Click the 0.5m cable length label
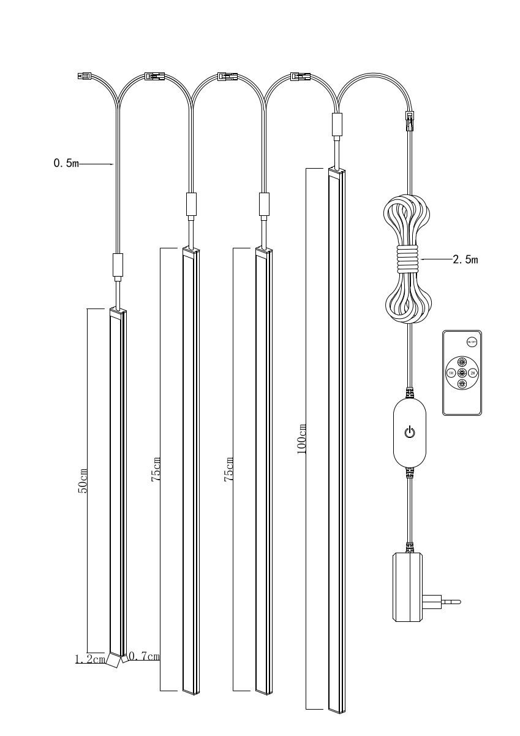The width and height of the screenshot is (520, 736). (x=66, y=164)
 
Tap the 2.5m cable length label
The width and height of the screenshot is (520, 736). (x=465, y=259)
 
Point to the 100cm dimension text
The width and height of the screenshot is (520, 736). (x=301, y=438)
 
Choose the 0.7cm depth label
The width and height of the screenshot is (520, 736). (x=145, y=657)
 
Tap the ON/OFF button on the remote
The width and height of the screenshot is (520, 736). (x=472, y=342)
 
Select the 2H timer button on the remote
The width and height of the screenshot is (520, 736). (x=473, y=373)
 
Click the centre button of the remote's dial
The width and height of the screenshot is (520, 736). (x=462, y=373)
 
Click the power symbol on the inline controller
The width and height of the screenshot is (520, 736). (x=410, y=432)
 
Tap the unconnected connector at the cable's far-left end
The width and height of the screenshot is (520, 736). (x=83, y=77)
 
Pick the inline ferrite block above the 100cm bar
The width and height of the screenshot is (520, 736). (x=337, y=125)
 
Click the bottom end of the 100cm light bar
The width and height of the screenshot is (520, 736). (x=337, y=711)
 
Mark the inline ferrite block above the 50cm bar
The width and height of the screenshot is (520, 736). (x=118, y=265)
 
